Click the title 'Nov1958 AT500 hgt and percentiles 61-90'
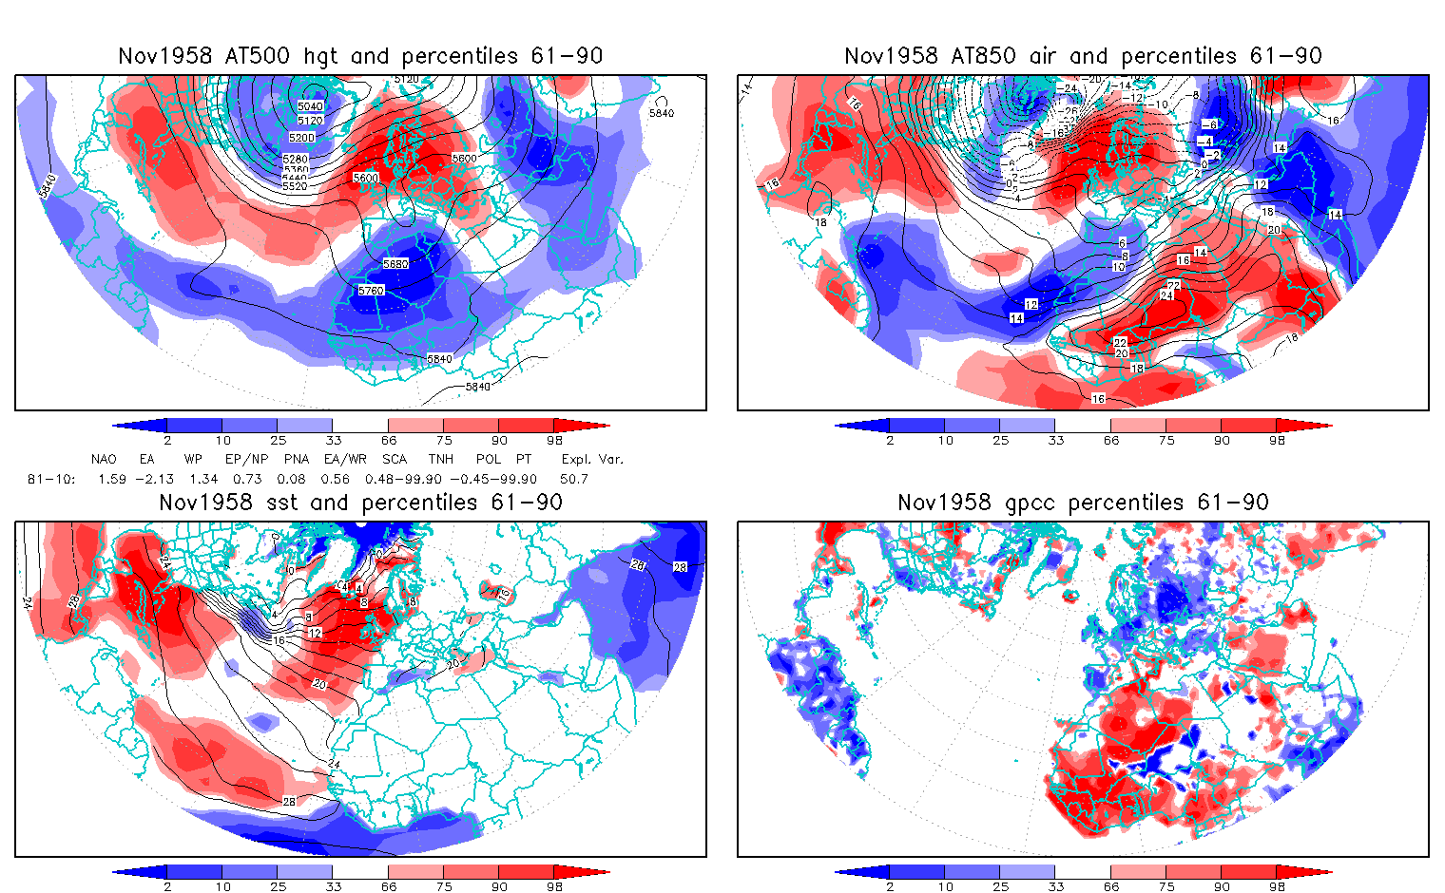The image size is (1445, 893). (x=360, y=56)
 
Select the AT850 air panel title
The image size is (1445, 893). (x=1083, y=56)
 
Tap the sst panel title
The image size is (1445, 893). (x=360, y=503)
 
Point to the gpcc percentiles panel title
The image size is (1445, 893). (x=1083, y=503)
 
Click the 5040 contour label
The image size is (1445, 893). (x=310, y=106)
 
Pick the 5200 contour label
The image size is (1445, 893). (x=301, y=138)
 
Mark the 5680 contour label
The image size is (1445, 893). (x=395, y=264)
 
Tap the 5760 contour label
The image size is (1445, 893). (x=371, y=291)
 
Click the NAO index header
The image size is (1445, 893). (x=104, y=459)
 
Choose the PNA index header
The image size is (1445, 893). (x=296, y=459)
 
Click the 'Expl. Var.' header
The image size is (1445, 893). (x=592, y=459)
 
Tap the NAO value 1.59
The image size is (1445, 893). (x=111, y=479)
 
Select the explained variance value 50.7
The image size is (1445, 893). (x=573, y=479)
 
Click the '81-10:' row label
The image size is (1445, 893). (x=51, y=479)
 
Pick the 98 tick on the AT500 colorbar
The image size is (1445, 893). (x=554, y=440)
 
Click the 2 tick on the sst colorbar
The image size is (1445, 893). (x=167, y=886)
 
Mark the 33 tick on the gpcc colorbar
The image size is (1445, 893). (x=1055, y=886)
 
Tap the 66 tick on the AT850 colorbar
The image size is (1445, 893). (x=1111, y=440)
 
